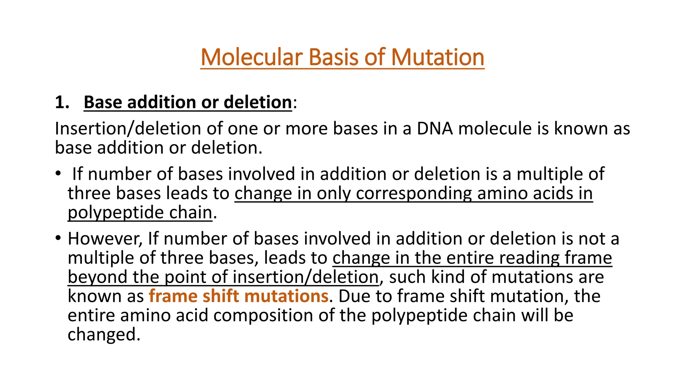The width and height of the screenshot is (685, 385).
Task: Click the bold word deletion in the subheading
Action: [258, 102]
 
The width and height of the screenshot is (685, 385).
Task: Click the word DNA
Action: [434, 129]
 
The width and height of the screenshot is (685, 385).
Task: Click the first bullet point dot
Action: [58, 174]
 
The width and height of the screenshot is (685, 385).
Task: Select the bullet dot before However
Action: [58, 238]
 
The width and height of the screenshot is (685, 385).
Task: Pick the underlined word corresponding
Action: [414, 194]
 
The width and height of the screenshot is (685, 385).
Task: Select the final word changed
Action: [104, 335]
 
